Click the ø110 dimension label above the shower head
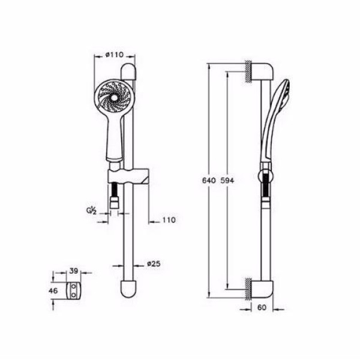115,55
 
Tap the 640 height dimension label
209,181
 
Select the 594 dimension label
227,181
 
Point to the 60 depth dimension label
262,307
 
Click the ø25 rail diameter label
154,264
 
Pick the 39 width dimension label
74,271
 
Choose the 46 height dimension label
53,291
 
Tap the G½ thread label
91,211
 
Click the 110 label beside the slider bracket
169,220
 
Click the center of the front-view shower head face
114,98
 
